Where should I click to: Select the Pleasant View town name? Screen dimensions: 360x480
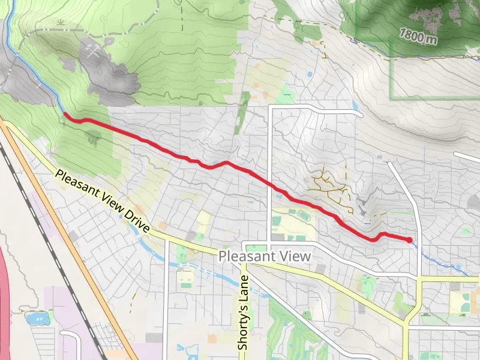265,256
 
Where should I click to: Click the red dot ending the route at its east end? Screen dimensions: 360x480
409,240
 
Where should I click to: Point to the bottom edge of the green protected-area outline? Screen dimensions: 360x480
432,98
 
